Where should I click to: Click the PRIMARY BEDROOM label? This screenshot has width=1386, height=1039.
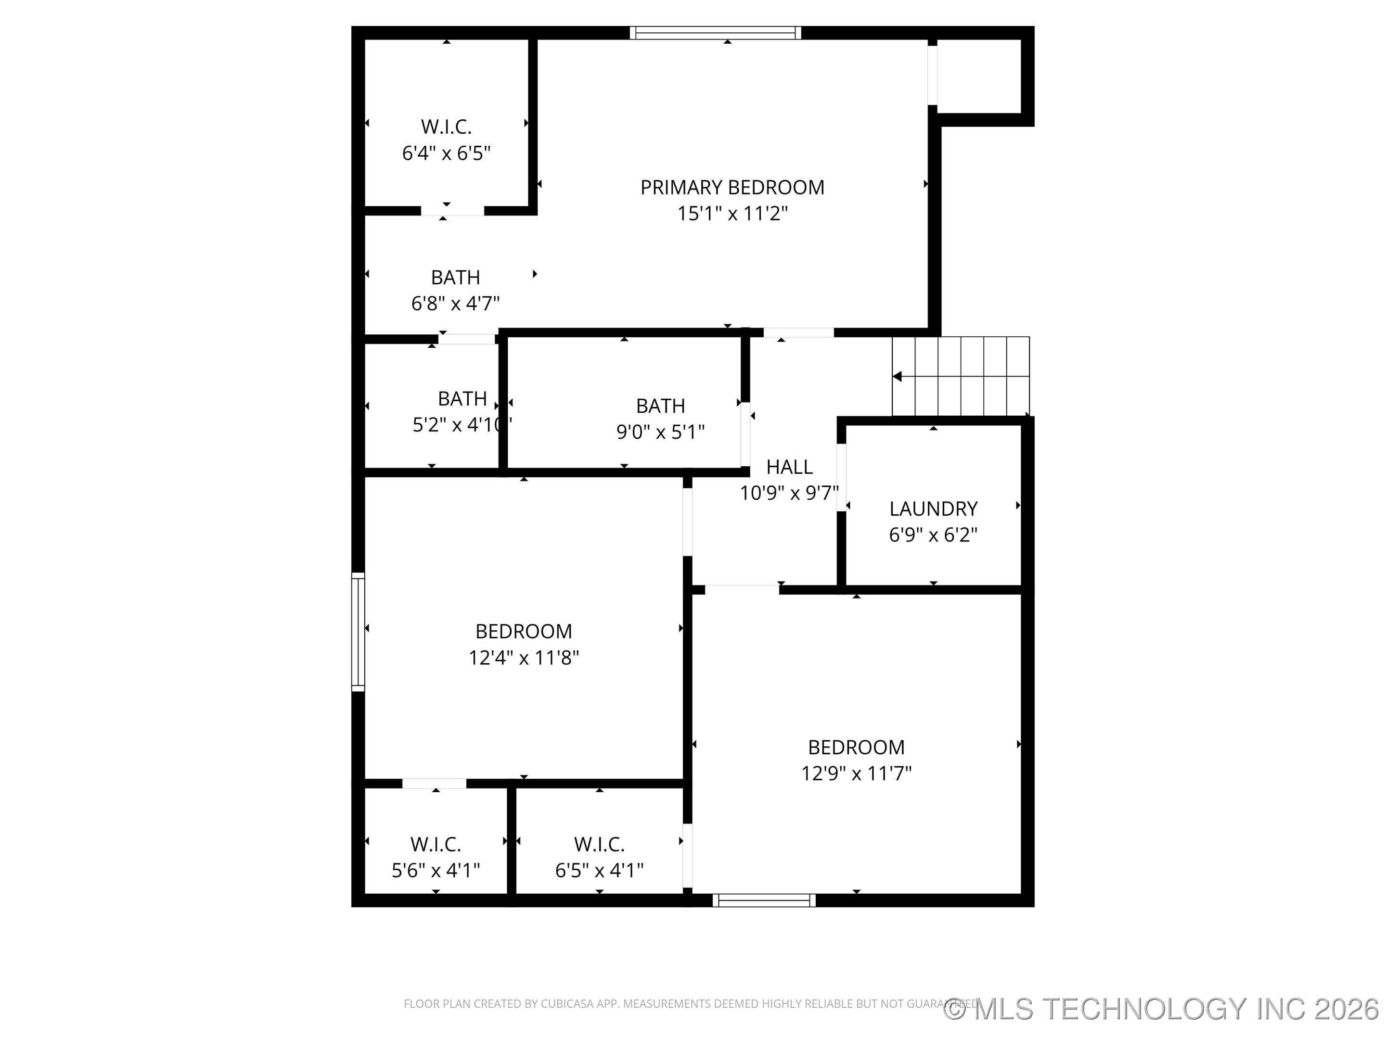pyautogui.click(x=732, y=187)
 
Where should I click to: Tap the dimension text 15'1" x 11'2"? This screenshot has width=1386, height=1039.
pyautogui.click(x=732, y=214)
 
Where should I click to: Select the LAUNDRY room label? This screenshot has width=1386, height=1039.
pyautogui.click(x=933, y=508)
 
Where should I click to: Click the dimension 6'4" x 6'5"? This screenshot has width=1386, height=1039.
pyautogui.click(x=446, y=153)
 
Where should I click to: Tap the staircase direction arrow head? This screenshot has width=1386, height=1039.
pyautogui.click(x=897, y=376)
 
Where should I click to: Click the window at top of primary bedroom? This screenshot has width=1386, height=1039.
pyautogui.click(x=715, y=33)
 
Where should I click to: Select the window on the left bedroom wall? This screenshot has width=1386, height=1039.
pyautogui.click(x=358, y=632)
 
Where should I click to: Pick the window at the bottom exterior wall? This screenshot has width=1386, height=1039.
pyautogui.click(x=764, y=900)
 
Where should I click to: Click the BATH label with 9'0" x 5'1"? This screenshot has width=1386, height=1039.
pyautogui.click(x=660, y=406)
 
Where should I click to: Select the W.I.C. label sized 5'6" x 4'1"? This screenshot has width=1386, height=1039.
pyautogui.click(x=436, y=844)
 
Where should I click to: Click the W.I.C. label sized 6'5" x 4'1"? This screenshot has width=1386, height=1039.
pyautogui.click(x=599, y=844)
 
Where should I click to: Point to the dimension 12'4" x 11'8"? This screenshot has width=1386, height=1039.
pyautogui.click(x=523, y=658)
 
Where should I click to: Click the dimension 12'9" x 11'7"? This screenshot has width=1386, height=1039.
pyautogui.click(x=856, y=773)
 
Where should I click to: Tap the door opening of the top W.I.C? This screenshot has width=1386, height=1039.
pyautogui.click(x=452, y=210)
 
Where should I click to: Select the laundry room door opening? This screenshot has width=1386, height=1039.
pyautogui.click(x=842, y=477)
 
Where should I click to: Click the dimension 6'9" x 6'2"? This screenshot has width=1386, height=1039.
pyautogui.click(x=933, y=535)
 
